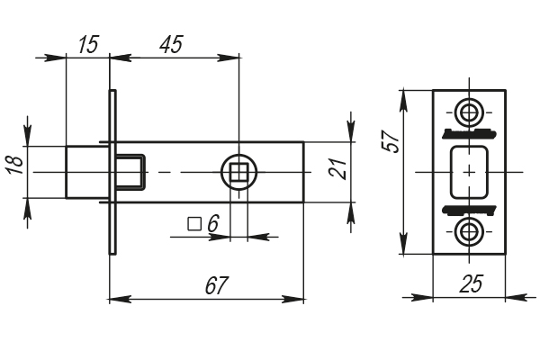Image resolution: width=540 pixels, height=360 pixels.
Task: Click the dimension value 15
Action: coord(88,45)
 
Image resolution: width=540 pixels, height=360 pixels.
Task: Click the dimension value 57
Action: coord(391,144)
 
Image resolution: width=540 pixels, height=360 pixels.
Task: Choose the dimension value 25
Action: coord(470,284)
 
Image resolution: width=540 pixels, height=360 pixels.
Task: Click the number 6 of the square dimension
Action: coord(212,223)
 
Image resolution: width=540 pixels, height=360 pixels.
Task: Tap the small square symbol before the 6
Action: coord(193,223)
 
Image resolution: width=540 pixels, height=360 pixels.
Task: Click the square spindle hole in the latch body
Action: coord(239,171)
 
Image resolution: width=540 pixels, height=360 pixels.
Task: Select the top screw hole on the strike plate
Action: coord(468,112)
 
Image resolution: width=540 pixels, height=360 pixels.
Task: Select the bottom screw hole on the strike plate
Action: coord(468,231)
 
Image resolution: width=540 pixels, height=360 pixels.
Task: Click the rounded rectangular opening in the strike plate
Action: coord(468,171)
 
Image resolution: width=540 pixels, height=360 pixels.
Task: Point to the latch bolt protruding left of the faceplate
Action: coord(88,171)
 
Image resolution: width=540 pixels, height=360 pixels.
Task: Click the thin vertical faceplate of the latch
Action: coord(112,171)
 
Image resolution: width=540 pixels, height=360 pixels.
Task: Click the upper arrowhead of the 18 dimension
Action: coord(27,135)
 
